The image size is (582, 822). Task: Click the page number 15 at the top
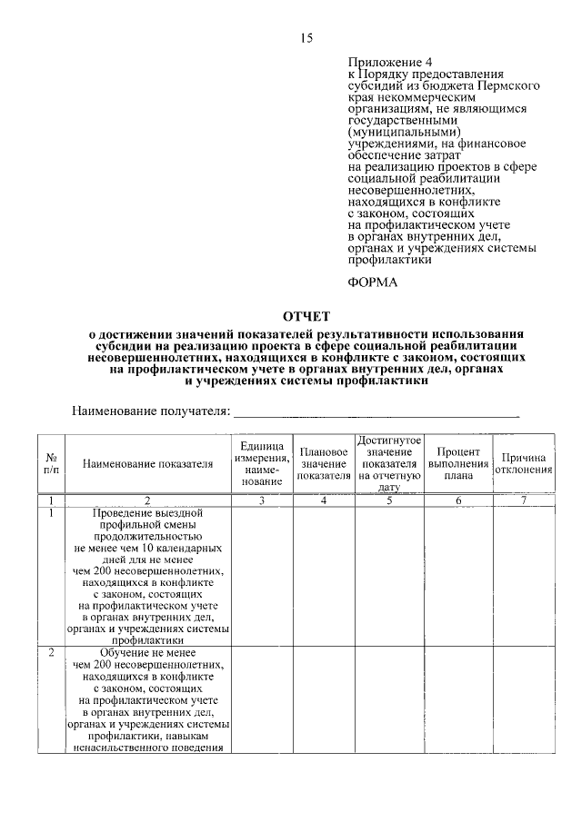point(306,37)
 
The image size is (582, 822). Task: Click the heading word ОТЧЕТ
point(306,315)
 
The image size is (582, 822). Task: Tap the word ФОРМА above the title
point(373,282)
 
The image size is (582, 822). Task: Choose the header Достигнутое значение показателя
point(389,463)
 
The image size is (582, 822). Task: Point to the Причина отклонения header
point(523,464)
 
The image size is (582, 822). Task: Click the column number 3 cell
point(261,500)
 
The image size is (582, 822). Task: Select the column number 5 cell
point(389,500)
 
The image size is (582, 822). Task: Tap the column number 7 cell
point(523,500)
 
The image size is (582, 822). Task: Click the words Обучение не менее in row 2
point(147,653)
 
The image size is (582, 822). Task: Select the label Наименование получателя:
point(150,411)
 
